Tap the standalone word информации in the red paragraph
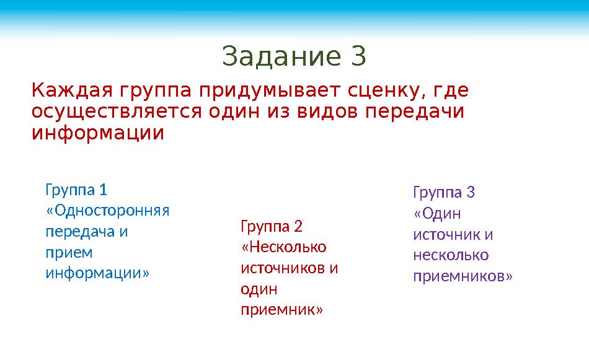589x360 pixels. point(98,133)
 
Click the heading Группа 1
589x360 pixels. point(76,188)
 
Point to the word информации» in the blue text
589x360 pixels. point(97,273)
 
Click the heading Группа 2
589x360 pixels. point(271,226)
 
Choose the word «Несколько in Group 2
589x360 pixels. point(283,247)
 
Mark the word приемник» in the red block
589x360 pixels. point(281,309)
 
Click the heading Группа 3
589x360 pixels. point(443,192)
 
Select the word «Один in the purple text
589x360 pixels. point(437,213)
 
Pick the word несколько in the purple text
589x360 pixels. point(451,255)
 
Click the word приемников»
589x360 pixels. point(463,276)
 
